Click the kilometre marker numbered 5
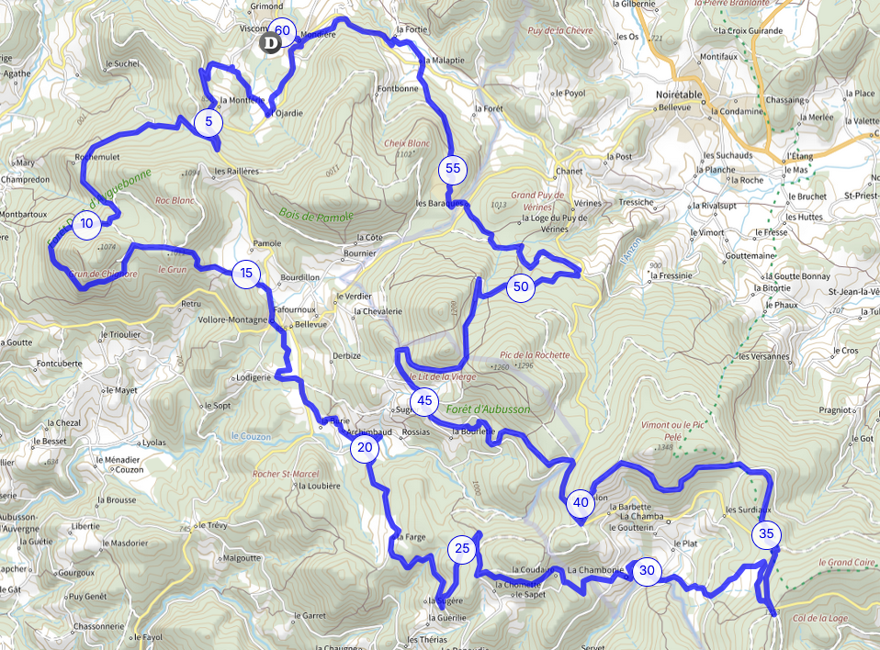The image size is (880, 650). [209, 121]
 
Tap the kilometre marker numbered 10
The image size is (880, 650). [86, 224]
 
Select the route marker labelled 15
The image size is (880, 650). [245, 273]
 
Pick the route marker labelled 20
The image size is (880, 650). [365, 448]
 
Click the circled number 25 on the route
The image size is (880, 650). [462, 549]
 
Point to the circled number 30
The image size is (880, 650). [647, 570]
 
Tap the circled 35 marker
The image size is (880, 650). [767, 533]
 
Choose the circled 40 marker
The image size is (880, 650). [581, 502]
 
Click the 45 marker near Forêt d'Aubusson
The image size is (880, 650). [423, 400]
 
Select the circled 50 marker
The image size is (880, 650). [522, 286]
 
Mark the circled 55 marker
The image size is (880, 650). [452, 168]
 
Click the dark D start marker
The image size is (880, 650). [270, 43]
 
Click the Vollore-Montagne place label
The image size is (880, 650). [233, 320]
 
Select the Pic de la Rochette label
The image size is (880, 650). [535, 354]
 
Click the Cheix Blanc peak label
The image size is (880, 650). [408, 143]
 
